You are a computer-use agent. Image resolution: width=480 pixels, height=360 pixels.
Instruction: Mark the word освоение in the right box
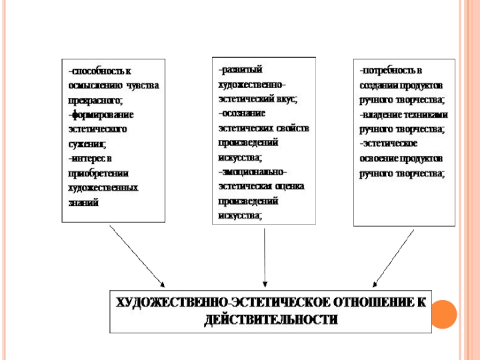380,158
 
